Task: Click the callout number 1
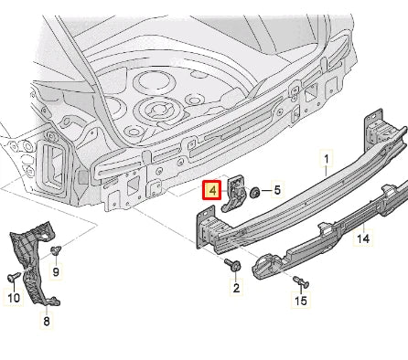click(326, 159)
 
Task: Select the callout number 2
click(235, 288)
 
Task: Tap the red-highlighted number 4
click(211, 191)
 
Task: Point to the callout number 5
click(278, 191)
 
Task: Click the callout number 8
click(48, 321)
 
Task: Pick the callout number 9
click(55, 271)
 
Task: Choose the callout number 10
click(13, 297)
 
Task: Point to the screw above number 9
click(56, 249)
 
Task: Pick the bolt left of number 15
click(298, 278)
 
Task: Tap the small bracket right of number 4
click(236, 194)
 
